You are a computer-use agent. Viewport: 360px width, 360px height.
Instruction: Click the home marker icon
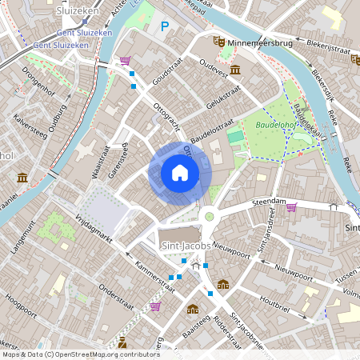179,173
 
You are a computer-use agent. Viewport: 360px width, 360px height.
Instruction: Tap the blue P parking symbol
165,26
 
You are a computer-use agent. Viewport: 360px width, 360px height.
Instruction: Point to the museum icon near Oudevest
235,71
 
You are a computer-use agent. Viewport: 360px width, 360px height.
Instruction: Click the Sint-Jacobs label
185,246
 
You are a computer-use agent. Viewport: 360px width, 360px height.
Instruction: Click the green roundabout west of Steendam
210,214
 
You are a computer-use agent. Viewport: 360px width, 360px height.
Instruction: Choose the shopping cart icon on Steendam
291,208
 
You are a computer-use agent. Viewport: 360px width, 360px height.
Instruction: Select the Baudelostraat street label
211,130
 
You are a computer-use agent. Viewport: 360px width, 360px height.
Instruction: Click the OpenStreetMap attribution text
80,354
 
